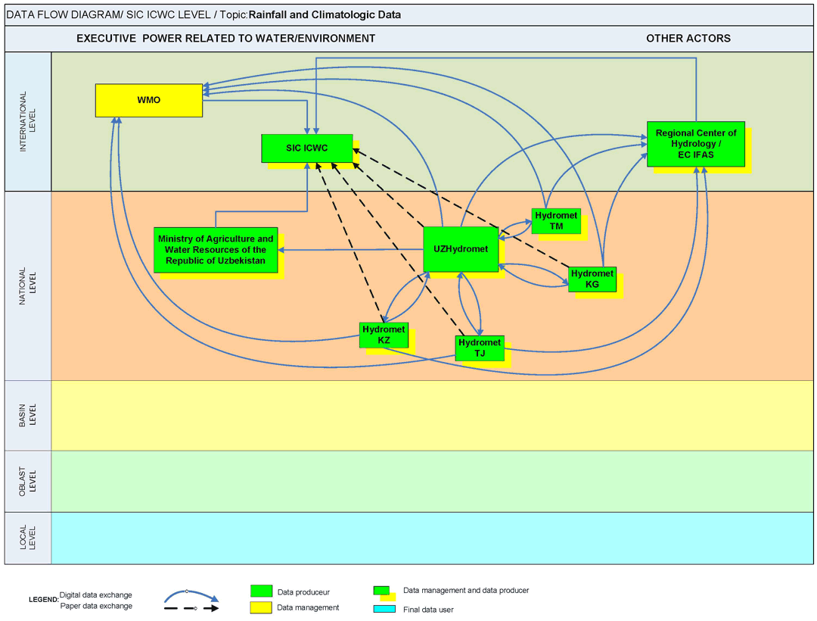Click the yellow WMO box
pos(149,100)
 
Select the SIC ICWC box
pos(306,148)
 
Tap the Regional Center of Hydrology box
pos(695,144)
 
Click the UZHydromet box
pos(461,248)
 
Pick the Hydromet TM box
pos(555,220)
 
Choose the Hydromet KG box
pos(592,279)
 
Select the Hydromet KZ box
pos(384,335)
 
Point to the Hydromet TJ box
pos(480,348)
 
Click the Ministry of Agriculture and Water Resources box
pos(216,249)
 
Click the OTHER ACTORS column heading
pos(688,38)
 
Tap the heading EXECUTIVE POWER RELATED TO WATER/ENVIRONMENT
pos(225,38)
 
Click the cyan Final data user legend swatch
pos(384,608)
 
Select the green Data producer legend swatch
pos(261,591)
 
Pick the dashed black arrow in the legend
pos(191,608)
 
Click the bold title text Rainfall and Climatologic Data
pos(325,14)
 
